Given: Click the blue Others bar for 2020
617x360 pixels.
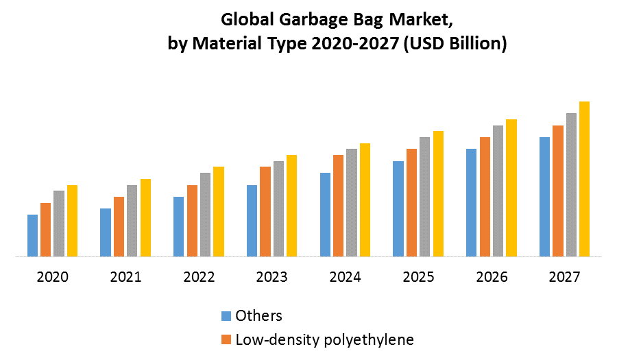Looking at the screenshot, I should coord(32,236).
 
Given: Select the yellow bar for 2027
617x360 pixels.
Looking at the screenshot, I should coord(584,180).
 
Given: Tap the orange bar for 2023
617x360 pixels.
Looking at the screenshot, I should coord(265,212).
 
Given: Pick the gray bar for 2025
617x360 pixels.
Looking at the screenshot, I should coord(425,197).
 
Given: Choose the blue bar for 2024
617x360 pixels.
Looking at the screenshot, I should coord(325,215).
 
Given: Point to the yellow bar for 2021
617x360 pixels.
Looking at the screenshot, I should coord(145,218).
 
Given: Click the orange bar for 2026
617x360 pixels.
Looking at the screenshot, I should coord(485,197).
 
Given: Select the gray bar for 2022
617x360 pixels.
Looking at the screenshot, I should coord(205,215).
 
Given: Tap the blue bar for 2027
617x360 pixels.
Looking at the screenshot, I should coord(544,197).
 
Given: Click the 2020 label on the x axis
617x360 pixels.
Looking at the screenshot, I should coord(53,278).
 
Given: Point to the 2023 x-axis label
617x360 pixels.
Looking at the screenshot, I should coord(272,278).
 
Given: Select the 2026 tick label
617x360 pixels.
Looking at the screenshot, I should coord(492,278).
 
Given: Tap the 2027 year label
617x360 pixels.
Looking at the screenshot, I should coord(565,278).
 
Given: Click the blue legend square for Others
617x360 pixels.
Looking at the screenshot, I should coord(226,316).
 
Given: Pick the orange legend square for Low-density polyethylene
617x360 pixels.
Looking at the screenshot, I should coord(226,339).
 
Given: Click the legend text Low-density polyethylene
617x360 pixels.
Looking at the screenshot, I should coord(324,339).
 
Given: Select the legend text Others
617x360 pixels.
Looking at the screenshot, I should coord(258,316).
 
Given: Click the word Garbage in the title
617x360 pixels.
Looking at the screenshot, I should coord(310,20).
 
